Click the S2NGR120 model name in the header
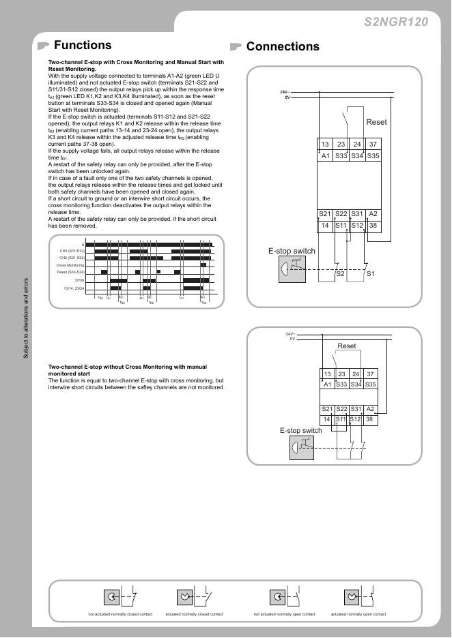396,22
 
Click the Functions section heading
82,46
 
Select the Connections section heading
283,46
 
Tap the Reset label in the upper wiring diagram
376,122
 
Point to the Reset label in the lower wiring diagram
347,346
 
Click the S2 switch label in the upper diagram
340,274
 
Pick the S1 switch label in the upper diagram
371,274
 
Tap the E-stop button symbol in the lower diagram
301,449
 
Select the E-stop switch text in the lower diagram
300,431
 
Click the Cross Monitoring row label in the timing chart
70,265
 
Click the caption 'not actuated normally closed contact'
120,614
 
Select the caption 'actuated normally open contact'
358,614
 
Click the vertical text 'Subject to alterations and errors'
27,318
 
